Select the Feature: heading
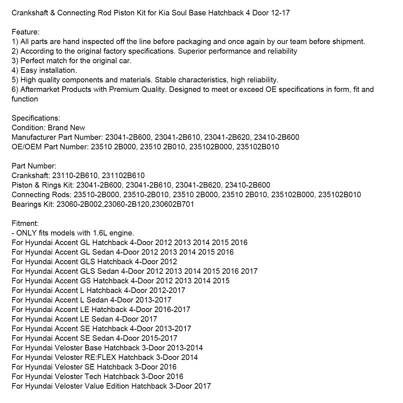pos(26,32)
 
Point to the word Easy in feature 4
pos(28,70)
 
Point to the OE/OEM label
pos(27,147)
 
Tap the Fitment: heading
pos(25,223)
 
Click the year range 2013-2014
pos(185,348)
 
